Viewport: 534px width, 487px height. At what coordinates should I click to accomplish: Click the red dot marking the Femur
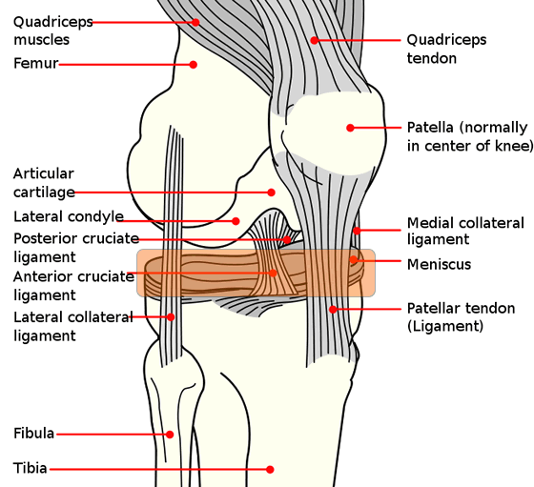coord(193,64)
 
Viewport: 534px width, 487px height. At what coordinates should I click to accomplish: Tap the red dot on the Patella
coord(350,128)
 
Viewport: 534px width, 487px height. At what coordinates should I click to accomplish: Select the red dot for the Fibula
coord(170,435)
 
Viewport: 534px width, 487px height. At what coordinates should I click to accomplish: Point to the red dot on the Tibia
coord(270,469)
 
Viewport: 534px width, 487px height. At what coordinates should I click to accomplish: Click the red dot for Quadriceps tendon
coord(315,40)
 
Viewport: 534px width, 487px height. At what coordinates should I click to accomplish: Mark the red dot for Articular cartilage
coord(271,193)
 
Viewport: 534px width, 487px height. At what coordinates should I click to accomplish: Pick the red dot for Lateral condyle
coord(236,221)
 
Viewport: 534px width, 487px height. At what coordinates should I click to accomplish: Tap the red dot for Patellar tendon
coord(333,310)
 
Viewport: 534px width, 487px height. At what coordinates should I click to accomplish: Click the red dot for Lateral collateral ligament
coord(171,316)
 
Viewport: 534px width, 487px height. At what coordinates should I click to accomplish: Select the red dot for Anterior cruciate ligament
coord(273,273)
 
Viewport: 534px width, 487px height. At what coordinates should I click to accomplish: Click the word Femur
coord(36,63)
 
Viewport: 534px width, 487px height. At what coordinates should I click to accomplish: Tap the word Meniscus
coord(439,264)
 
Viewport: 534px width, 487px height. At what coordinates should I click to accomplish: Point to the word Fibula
coord(33,434)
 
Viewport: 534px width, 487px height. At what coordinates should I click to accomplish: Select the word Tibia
coord(30,468)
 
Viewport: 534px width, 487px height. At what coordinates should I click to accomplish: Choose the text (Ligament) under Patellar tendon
coord(445,326)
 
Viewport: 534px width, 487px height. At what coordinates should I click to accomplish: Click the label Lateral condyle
coord(69,216)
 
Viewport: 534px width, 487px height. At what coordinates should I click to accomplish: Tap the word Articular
coord(44,173)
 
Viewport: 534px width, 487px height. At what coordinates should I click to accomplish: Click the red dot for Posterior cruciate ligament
coord(287,240)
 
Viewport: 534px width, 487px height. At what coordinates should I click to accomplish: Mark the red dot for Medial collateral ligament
coord(357,231)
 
